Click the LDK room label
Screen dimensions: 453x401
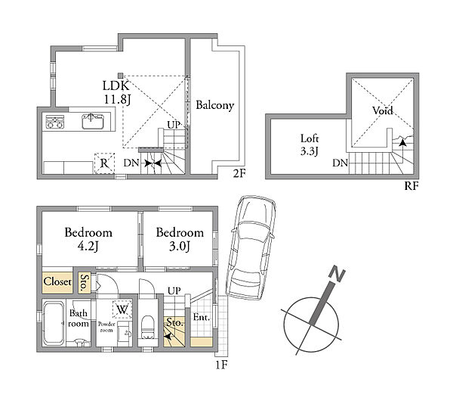(x=117, y=92)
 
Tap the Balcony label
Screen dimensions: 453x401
(x=214, y=105)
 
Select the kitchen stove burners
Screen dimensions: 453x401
(x=55, y=122)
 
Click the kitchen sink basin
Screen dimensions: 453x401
(x=92, y=121)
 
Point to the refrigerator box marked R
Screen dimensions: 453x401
(x=104, y=163)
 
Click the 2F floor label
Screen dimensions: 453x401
(x=239, y=173)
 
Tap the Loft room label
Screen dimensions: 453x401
(x=310, y=145)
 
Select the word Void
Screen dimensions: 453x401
(x=383, y=110)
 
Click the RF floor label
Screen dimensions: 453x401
(x=411, y=185)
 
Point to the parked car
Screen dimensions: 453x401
(x=251, y=248)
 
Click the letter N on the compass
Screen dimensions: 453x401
(x=337, y=274)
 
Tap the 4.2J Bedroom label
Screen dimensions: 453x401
(x=88, y=239)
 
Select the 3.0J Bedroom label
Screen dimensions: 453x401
(x=180, y=239)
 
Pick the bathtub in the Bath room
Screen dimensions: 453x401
(x=54, y=323)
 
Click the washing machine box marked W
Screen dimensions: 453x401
(x=122, y=309)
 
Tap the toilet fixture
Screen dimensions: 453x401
(x=148, y=327)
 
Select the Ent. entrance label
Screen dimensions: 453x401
(x=202, y=317)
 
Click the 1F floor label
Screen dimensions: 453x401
(x=221, y=365)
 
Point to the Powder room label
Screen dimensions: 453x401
(x=106, y=327)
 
